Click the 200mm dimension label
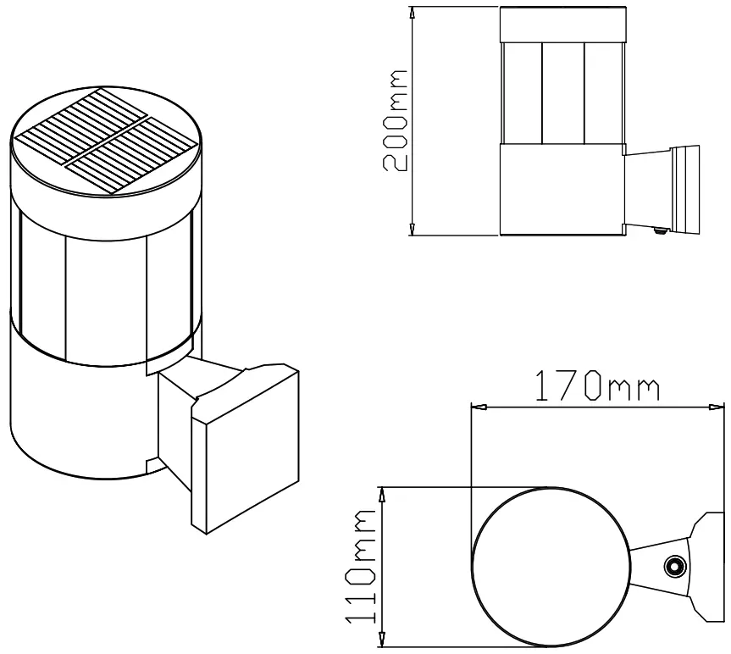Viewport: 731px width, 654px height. (395, 120)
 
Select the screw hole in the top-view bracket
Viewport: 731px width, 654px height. (674, 566)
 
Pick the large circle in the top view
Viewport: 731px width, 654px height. (551, 567)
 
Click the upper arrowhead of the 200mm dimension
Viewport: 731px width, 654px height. (413, 14)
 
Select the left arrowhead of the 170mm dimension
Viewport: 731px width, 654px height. (479, 407)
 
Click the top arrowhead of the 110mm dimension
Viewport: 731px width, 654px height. (385, 493)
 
